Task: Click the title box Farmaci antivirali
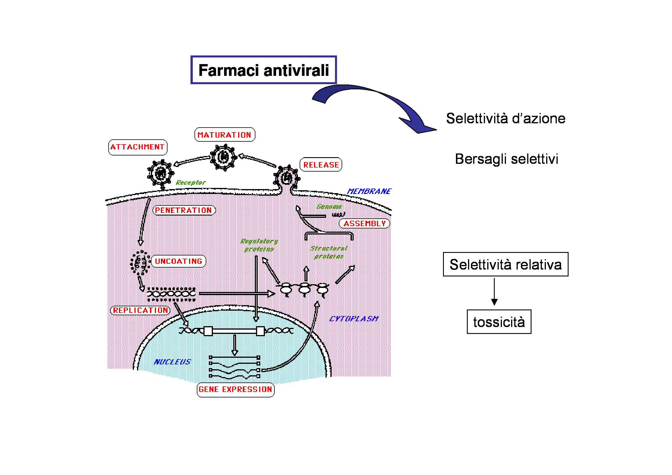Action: tap(263, 70)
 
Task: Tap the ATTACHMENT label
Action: tap(138, 147)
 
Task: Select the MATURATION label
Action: tap(224, 135)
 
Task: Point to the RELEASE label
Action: tap(321, 165)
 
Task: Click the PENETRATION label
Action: tap(184, 210)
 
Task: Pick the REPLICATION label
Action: tap(140, 310)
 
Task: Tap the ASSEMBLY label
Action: tap(364, 224)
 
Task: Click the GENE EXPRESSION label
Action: tap(236, 389)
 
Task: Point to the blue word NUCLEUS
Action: tap(172, 362)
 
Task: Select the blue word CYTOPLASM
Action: tap(354, 319)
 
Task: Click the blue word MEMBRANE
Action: tap(369, 191)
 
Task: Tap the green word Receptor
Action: tap(190, 183)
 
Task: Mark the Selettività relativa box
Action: tap(505, 264)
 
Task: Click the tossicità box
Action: tap(499, 322)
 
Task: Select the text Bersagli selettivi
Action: tap(507, 159)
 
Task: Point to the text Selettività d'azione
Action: tap(505, 118)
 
